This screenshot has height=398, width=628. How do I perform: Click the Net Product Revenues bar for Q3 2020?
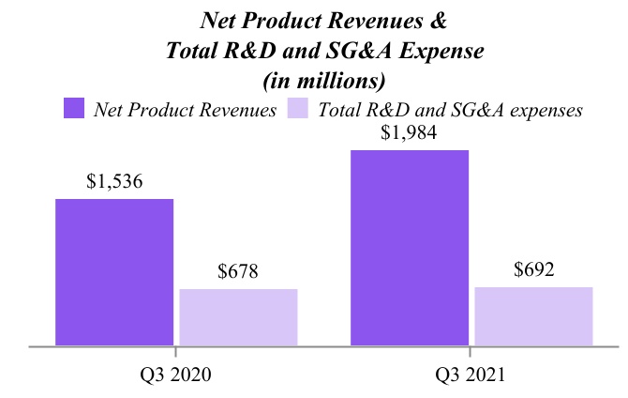[x=114, y=272]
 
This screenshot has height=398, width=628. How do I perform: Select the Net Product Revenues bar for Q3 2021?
[x=410, y=248]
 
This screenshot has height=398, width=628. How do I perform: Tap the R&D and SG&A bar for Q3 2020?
[x=238, y=317]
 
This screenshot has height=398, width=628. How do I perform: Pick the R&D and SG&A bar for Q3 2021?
[x=533, y=315]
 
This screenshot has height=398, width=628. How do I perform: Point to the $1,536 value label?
[x=114, y=182]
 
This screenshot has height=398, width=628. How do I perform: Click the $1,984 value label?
[x=410, y=133]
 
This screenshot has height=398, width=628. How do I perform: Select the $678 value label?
[x=238, y=272]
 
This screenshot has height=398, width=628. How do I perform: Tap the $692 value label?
[x=534, y=270]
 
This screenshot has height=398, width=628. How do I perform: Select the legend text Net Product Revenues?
[x=185, y=109]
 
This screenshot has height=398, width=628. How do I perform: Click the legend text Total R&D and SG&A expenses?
[x=451, y=109]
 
